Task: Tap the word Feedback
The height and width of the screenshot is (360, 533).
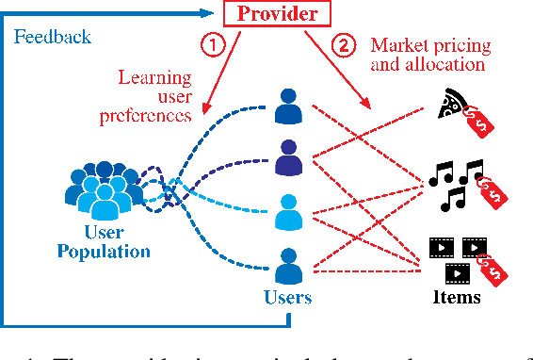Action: click(x=54, y=37)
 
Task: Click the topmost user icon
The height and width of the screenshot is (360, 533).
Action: click(x=289, y=106)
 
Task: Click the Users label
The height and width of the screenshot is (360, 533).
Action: click(x=288, y=298)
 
